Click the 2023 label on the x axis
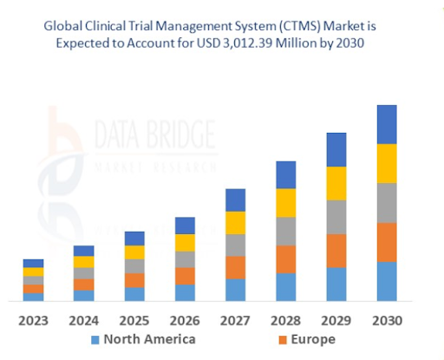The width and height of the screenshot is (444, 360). click(x=33, y=320)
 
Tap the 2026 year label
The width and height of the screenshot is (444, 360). click(x=185, y=320)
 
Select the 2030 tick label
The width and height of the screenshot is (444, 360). click(x=386, y=320)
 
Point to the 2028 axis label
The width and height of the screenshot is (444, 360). click(x=285, y=320)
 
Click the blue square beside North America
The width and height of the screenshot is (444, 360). click(x=95, y=340)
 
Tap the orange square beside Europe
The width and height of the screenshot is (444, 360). click(x=280, y=340)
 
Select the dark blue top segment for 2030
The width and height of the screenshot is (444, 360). click(x=386, y=124)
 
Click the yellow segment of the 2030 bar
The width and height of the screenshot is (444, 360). click(x=386, y=163)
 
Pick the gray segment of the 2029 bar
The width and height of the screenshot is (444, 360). click(x=336, y=217)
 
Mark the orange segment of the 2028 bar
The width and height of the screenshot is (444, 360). click(x=285, y=259)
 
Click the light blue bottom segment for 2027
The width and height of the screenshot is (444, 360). click(x=235, y=290)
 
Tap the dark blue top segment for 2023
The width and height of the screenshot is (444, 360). click(x=33, y=263)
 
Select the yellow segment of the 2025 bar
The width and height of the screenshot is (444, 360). click(x=134, y=252)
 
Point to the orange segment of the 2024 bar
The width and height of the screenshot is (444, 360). click(x=84, y=285)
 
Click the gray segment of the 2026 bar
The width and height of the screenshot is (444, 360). click(x=185, y=259)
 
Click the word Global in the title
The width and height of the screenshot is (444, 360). click(x=64, y=26)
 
